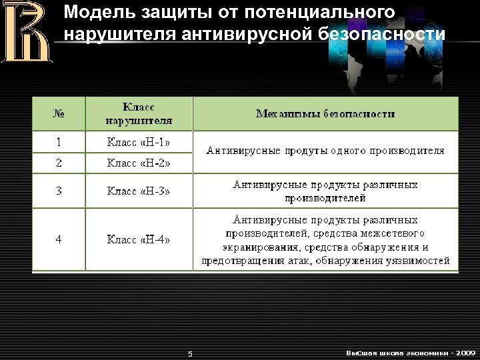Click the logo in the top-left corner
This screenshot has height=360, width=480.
(26, 31)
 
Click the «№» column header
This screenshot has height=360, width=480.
(59, 113)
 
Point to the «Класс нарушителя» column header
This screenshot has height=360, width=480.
(139, 113)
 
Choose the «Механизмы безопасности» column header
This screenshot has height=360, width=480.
(325, 113)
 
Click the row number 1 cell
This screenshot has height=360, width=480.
(59, 141)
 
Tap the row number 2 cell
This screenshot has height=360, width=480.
(59, 162)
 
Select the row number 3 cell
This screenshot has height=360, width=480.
(59, 191)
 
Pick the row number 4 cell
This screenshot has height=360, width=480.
(59, 239)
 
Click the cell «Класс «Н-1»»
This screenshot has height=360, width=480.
(139, 141)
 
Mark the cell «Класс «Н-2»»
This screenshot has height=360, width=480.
(139, 162)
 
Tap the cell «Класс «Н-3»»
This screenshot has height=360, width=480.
(139, 191)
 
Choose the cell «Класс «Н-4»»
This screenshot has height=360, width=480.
(139, 239)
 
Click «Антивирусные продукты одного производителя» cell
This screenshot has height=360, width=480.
(325, 151)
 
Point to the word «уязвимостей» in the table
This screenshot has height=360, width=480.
(422, 260)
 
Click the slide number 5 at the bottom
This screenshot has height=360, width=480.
(190, 353)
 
